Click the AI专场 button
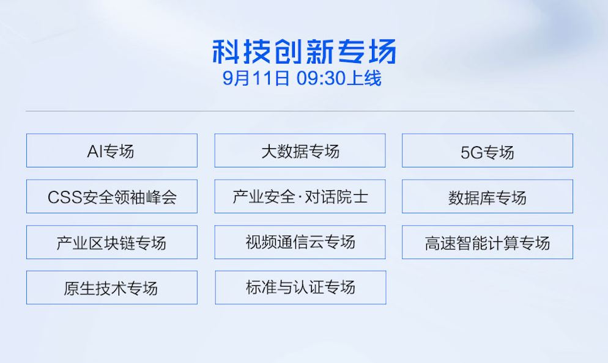pos(112,150)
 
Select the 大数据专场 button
pos(300,150)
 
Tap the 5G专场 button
pos(488,150)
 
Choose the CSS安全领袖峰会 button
pos(112,196)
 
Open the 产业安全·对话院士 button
pos(300,196)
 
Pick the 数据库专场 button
pos(488,196)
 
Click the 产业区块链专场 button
pos(112,242)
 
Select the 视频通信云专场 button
pos(300,242)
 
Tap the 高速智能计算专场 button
pos(488,242)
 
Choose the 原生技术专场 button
pos(112,287)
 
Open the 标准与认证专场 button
pos(300,287)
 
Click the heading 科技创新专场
pos(305,51)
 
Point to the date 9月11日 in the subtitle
pos(256,78)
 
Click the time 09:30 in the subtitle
pos(321,78)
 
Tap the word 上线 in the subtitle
pos(364,78)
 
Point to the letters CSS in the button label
pos(65,197)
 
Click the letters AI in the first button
pos(95,152)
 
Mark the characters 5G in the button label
pos(472,153)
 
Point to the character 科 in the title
pos(226,51)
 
